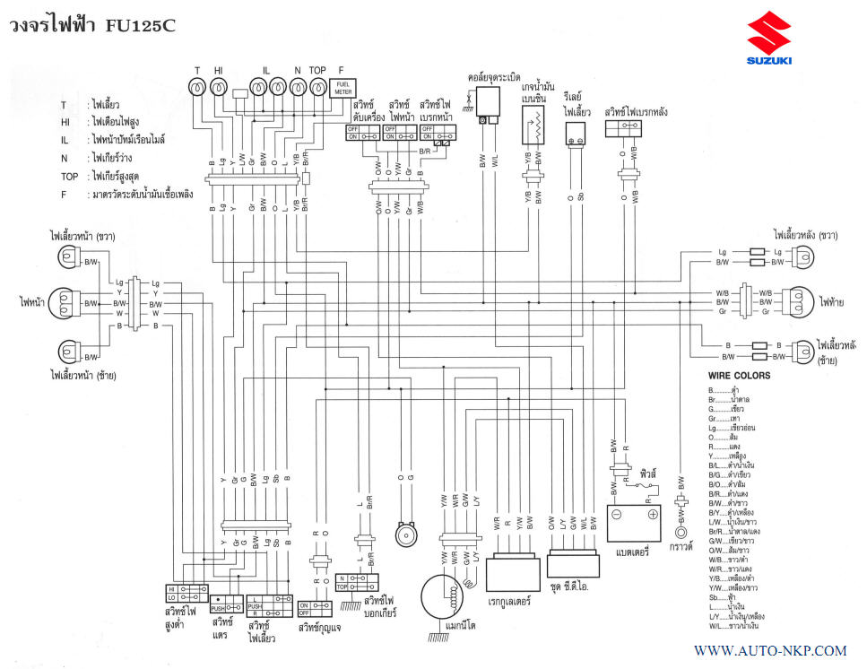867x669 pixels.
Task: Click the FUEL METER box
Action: click(343, 87)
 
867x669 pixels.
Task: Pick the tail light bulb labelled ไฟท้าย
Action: click(796, 302)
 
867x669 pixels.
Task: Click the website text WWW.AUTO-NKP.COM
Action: click(770, 650)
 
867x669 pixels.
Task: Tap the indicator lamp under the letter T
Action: click(198, 87)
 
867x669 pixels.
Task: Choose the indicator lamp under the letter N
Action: click(298, 87)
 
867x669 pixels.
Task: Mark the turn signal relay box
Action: click(575, 135)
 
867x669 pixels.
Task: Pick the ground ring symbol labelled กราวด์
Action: click(681, 530)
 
